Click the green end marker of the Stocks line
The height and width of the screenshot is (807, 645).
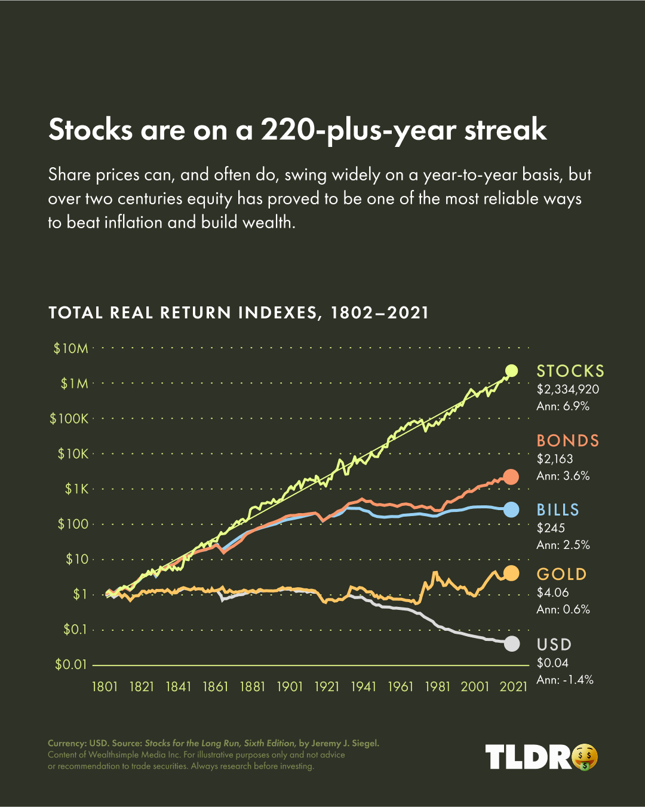coord(511,370)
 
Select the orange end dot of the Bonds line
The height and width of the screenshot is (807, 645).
coord(511,477)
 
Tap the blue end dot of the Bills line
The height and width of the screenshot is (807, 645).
coord(511,510)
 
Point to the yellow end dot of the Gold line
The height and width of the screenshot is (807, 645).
coord(511,573)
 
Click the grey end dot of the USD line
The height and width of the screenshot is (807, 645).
coord(511,644)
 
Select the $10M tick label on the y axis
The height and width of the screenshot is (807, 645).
coord(70,348)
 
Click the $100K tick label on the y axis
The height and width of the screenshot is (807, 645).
coord(69,419)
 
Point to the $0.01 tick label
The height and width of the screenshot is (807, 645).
coord(70,664)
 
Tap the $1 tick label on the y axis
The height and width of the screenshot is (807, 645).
coord(80,594)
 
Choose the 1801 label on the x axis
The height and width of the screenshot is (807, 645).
coord(105,687)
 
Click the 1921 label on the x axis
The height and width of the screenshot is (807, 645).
coord(327,687)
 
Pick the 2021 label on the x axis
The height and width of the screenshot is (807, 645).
coord(513,687)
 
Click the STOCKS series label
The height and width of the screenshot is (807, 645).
coord(570,371)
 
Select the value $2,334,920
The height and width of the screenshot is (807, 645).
coord(568,389)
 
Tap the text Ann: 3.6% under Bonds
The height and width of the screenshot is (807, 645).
coord(563,476)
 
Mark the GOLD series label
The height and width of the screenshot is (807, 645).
coord(562,574)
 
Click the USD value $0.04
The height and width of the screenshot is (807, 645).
coord(552,662)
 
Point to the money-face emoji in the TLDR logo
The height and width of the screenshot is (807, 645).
coord(585,757)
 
